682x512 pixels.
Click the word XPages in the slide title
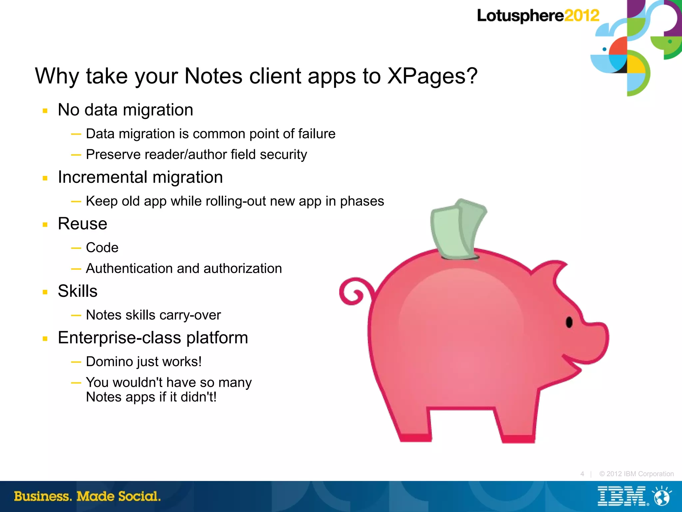(x=433, y=76)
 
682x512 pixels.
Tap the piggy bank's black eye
(x=569, y=322)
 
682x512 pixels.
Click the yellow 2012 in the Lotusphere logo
(x=582, y=16)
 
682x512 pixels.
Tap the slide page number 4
(x=582, y=474)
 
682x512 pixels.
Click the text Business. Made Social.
(x=87, y=496)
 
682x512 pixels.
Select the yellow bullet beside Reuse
(x=45, y=225)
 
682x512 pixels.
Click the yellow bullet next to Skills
(x=45, y=292)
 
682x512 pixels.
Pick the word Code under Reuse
(x=102, y=248)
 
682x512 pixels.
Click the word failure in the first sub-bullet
(x=317, y=134)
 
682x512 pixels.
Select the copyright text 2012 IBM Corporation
(x=636, y=474)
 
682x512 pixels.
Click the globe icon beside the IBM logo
(x=662, y=496)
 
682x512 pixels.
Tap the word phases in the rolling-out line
(x=362, y=201)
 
